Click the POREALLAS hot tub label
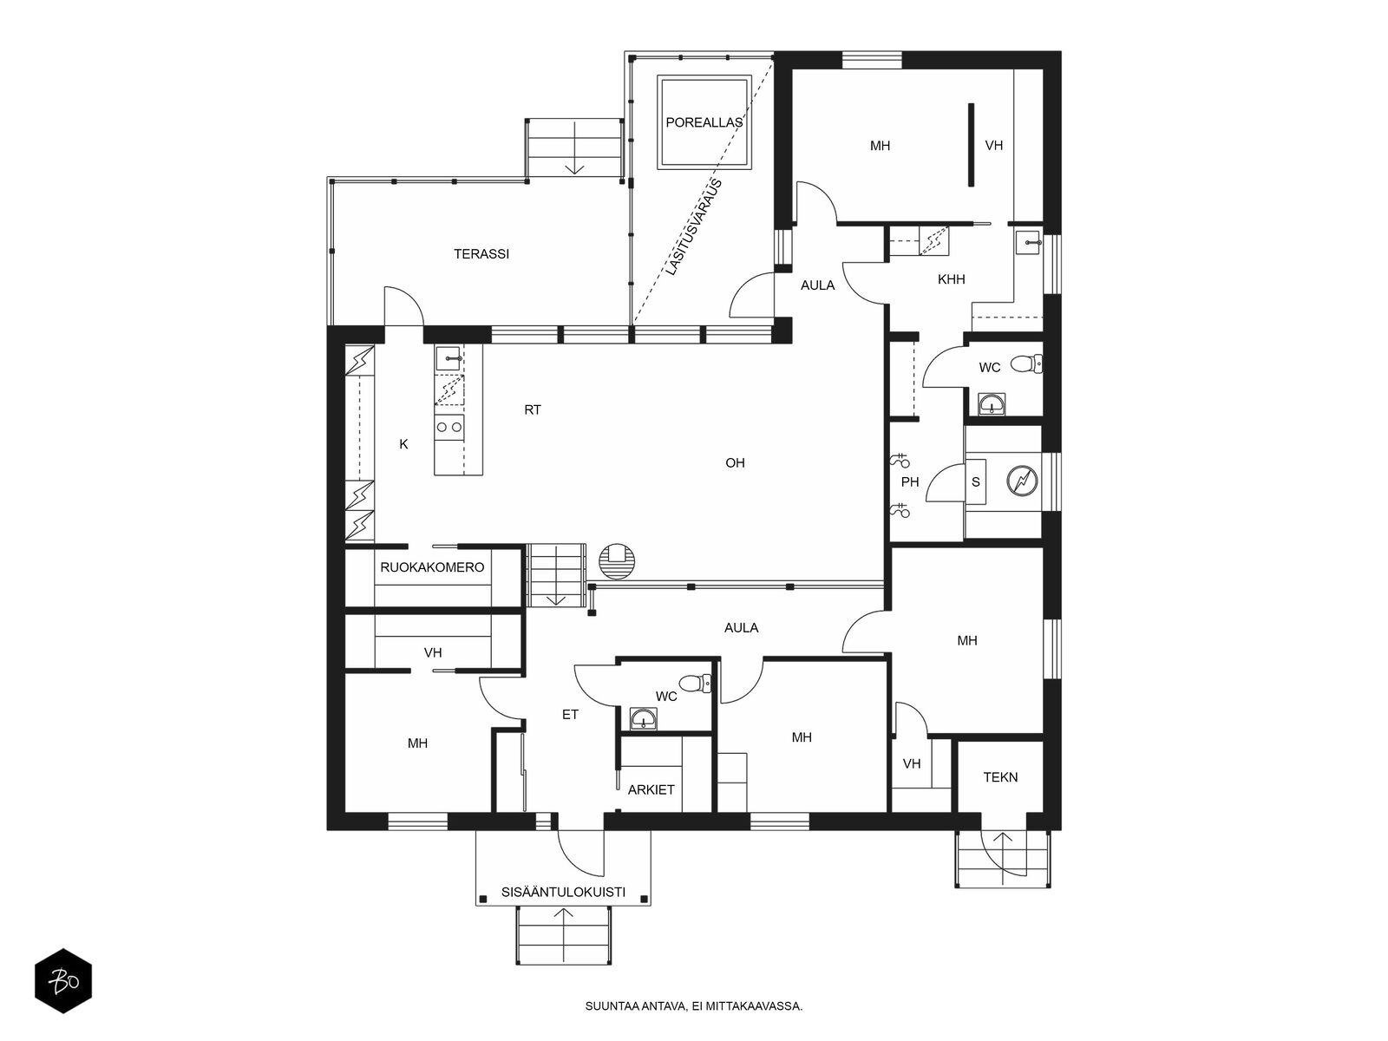pos(704,122)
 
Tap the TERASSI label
pos(481,254)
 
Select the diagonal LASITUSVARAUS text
pos(694,227)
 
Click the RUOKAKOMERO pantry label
pos(432,567)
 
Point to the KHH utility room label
pos(951,279)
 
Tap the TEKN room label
pos(1000,777)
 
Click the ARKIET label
pos(651,790)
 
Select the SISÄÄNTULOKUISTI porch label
pos(563,893)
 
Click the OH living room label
pos(735,463)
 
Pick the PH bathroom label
pos(910,482)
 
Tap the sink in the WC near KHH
pos(992,404)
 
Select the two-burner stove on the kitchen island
pos(449,428)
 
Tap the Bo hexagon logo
pos(63,981)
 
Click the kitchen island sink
pos(449,358)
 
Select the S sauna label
pos(975,482)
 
